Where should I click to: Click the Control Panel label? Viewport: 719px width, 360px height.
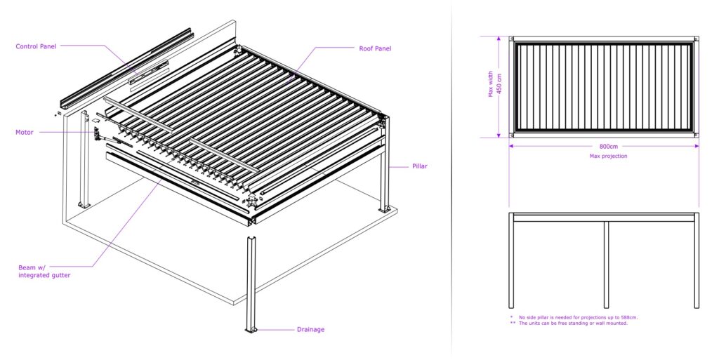point(36,46)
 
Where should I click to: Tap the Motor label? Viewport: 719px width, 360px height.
point(24,132)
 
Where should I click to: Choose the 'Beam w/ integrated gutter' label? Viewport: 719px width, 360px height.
point(44,272)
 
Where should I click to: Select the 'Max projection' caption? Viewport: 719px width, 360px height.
point(608,156)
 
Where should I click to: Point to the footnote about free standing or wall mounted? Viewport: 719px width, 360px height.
point(573,323)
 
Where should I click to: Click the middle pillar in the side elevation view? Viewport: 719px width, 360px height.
point(606,264)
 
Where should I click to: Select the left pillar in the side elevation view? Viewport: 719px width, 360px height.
point(512,264)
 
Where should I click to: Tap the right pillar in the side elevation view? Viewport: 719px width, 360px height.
point(697,264)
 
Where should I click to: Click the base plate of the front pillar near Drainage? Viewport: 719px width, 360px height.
point(251,329)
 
